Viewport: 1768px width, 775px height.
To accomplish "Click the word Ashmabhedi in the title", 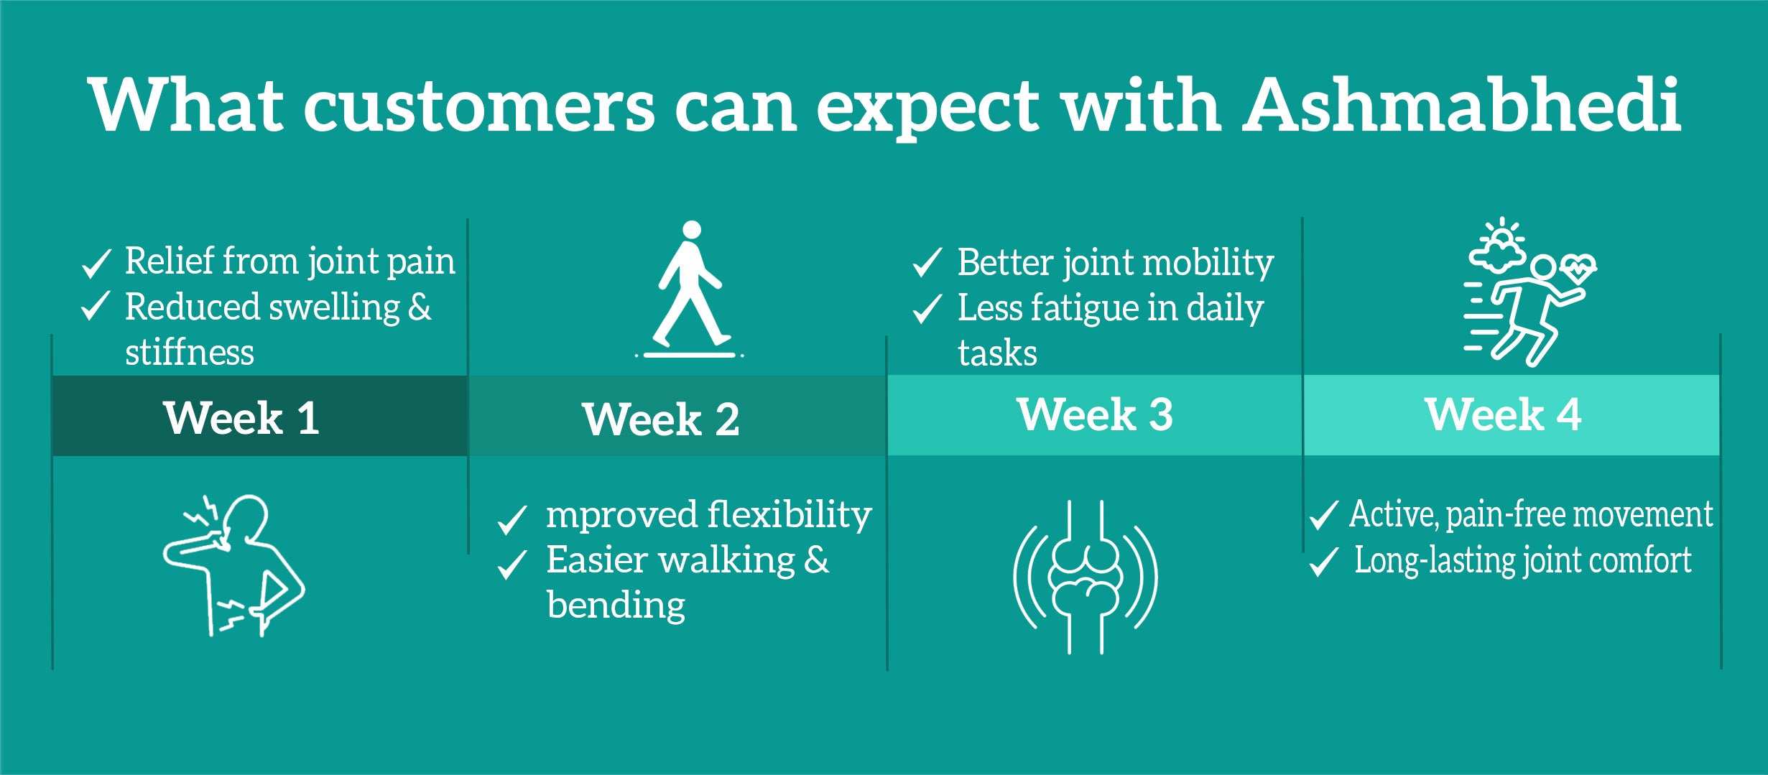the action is point(1462,105).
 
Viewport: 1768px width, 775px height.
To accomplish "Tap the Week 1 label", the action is point(241,418).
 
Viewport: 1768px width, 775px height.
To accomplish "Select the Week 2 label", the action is point(660,419).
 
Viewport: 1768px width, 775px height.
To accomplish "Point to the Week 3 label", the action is point(1095,414).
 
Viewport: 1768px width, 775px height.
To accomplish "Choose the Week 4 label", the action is point(1503,414).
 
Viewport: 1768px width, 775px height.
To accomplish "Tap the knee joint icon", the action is point(1086,577).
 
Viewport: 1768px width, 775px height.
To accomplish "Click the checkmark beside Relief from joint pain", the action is point(96,264).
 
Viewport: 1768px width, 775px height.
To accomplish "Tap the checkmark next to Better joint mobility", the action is point(927,263).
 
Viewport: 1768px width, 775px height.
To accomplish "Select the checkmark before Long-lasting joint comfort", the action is point(1323,562).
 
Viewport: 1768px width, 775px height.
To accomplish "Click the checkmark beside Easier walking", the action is point(512,565).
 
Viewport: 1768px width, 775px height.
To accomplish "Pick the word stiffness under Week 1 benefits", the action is point(190,352).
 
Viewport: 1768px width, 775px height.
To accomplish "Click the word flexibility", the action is point(790,515).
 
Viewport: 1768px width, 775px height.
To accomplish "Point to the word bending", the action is point(616,605).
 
